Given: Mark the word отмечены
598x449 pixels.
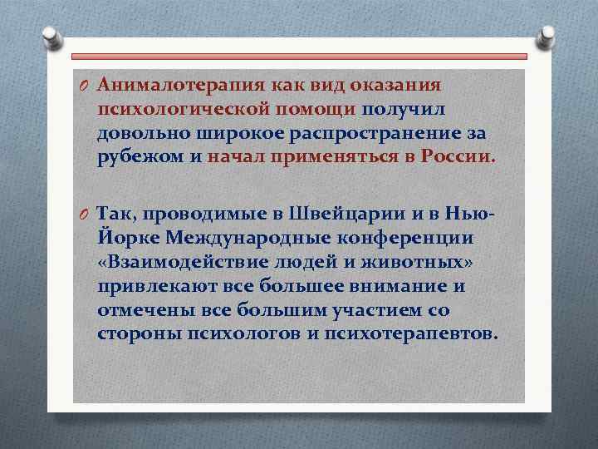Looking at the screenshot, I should [x=145, y=310].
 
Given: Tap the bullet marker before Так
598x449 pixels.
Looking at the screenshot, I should [x=85, y=215].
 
